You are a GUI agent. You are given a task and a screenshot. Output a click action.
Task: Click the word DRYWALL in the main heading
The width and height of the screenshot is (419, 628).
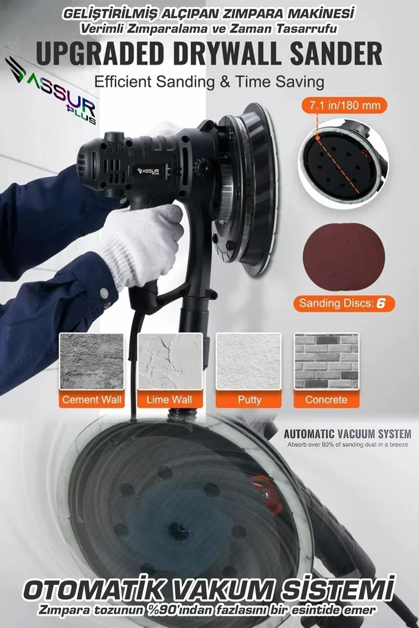227,53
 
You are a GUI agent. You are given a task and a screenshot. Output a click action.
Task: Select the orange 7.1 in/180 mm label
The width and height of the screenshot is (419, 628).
344,105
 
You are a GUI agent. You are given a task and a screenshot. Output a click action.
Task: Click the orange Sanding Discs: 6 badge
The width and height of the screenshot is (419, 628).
344,304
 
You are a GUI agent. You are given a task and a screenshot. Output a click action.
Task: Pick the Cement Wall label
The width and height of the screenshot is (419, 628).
92,399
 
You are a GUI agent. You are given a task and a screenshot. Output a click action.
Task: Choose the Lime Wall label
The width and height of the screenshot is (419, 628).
170,399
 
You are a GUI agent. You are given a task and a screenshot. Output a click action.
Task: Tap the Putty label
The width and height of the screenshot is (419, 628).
248,399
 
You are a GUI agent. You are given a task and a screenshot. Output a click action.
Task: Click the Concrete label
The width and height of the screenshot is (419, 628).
326,399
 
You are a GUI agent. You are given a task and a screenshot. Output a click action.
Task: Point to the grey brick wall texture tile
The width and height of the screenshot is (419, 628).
326,362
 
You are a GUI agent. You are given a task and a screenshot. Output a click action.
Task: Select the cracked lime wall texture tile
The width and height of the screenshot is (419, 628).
170,362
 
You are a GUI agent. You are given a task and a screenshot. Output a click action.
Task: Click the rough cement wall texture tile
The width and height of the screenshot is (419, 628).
92,362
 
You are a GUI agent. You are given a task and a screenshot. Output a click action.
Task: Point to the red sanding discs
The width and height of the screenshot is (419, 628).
344,257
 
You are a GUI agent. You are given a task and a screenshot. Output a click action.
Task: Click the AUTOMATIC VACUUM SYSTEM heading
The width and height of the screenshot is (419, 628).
347,434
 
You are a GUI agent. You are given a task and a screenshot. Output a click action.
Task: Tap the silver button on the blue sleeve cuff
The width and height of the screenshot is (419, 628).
104,293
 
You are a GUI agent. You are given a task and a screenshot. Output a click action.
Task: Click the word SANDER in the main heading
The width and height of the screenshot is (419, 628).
336,53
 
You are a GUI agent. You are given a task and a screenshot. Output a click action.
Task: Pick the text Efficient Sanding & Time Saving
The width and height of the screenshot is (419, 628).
209,82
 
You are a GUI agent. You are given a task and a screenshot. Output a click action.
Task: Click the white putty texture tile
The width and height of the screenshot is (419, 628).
248,362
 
